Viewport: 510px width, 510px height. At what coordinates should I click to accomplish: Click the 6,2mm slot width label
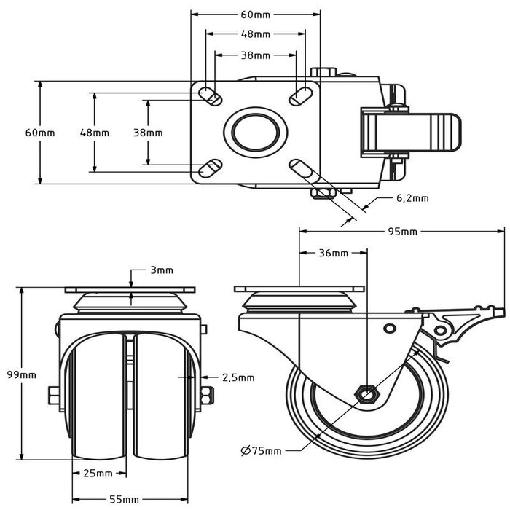412,197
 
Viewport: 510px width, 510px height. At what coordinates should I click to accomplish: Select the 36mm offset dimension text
334,254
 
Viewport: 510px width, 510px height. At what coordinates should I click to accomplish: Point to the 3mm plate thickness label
162,270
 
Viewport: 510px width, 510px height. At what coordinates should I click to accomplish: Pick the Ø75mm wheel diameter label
260,451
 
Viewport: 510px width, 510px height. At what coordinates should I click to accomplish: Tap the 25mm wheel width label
98,474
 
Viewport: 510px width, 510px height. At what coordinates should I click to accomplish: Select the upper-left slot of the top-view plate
210,95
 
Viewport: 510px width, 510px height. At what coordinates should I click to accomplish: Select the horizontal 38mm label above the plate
256,55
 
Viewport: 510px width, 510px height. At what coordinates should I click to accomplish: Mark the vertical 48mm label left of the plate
95,133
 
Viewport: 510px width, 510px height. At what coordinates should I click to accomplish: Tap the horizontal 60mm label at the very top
256,14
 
